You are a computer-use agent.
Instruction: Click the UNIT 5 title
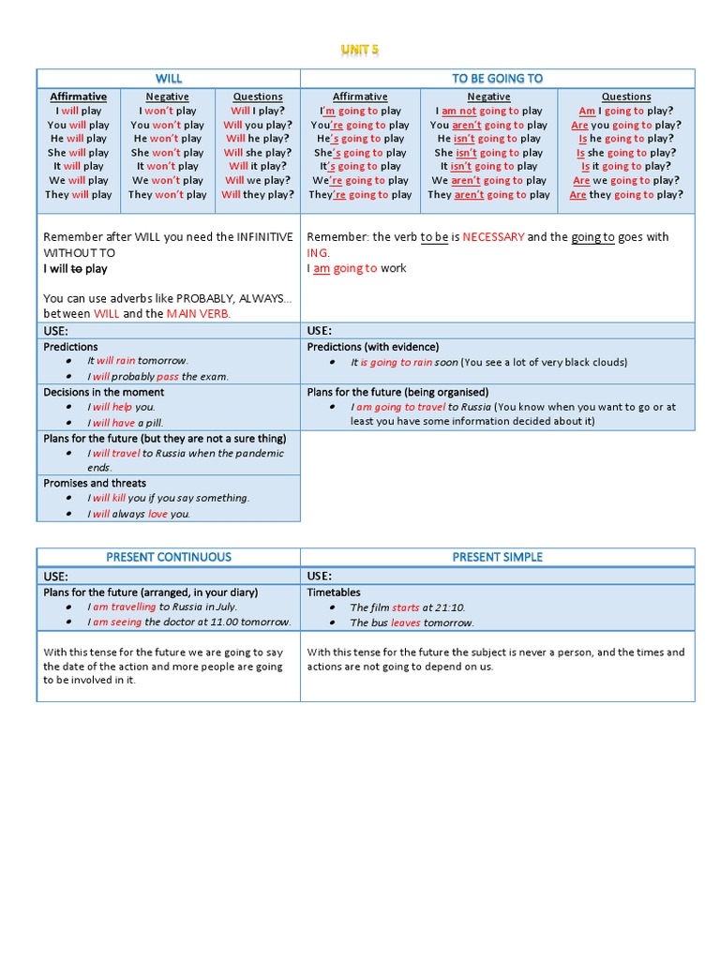click(360, 51)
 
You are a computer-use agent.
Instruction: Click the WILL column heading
click(169, 79)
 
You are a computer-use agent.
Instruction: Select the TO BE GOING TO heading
click(498, 79)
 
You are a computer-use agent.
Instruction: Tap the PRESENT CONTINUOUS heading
click(169, 557)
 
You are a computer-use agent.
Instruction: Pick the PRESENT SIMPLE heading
click(498, 557)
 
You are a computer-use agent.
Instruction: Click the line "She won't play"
click(168, 153)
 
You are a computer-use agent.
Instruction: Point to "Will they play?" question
click(258, 195)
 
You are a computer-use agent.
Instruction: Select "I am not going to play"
click(488, 111)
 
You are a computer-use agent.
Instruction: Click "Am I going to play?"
click(626, 111)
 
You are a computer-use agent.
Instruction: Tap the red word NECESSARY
click(493, 237)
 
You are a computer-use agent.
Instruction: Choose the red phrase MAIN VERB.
click(199, 314)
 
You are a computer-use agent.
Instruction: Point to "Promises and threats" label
click(95, 483)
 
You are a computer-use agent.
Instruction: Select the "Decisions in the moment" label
click(103, 392)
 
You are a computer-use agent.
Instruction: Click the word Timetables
click(334, 592)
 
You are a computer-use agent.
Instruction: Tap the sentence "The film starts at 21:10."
click(408, 607)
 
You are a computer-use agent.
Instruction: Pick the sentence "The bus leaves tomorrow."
click(412, 622)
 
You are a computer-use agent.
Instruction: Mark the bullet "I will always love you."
click(139, 514)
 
